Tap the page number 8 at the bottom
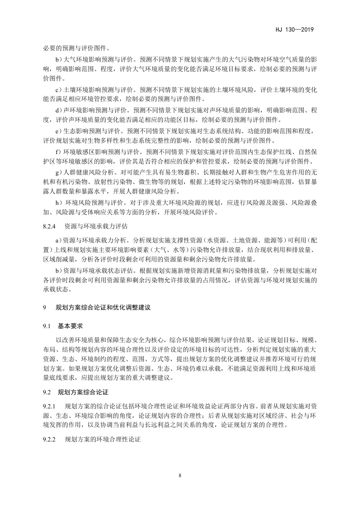[180, 475]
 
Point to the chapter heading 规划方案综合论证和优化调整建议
[102, 307]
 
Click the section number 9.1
[48, 326]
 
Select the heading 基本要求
[71, 326]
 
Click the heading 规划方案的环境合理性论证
[104, 439]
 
